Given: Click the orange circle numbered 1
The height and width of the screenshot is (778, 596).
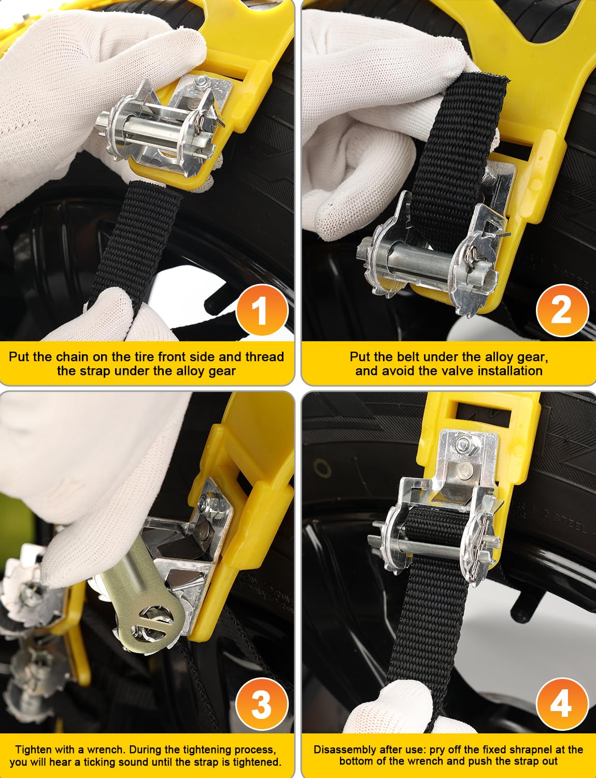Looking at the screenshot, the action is pyautogui.click(x=262, y=310).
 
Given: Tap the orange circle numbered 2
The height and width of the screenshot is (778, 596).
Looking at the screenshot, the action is pyautogui.click(x=562, y=310).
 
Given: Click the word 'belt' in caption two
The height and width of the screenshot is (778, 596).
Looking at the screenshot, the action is pyautogui.click(x=408, y=357).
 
